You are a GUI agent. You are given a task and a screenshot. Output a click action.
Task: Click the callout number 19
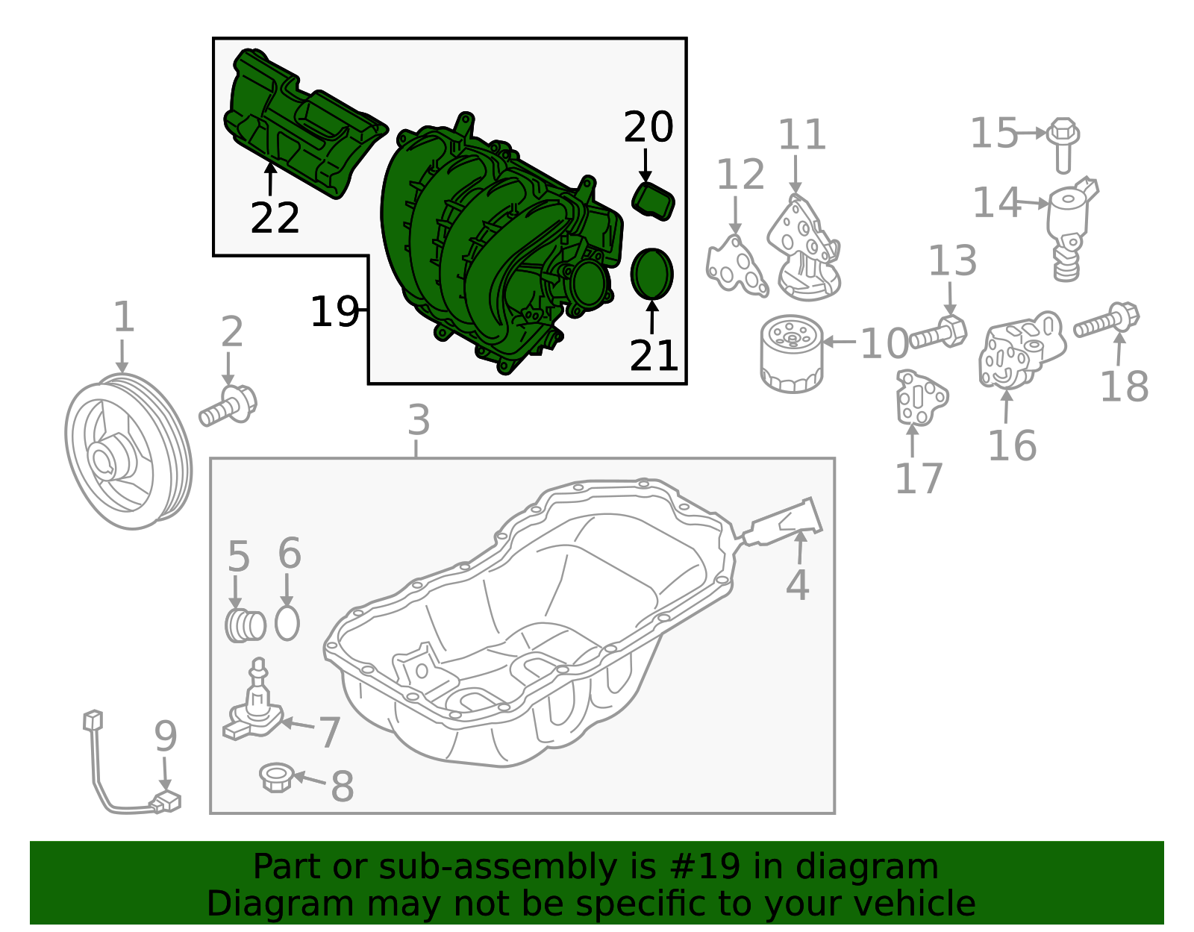click(334, 311)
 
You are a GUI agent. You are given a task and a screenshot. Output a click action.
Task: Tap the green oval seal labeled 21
click(651, 274)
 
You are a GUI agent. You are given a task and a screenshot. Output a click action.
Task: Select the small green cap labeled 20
click(653, 201)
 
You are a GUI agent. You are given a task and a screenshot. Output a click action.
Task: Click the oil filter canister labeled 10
click(792, 354)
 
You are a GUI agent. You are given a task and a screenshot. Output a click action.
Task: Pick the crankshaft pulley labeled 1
click(128, 451)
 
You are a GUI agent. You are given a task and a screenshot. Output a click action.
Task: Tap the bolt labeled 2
click(228, 405)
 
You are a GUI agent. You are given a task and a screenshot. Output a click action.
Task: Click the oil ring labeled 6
click(287, 623)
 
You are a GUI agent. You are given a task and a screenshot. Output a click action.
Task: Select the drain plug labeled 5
click(246, 625)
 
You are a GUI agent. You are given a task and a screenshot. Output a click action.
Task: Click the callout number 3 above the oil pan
click(419, 420)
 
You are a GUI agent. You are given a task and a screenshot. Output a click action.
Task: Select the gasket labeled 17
click(920, 398)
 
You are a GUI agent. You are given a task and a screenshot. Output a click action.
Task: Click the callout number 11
click(802, 134)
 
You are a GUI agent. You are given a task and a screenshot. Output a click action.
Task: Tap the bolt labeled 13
click(939, 332)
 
